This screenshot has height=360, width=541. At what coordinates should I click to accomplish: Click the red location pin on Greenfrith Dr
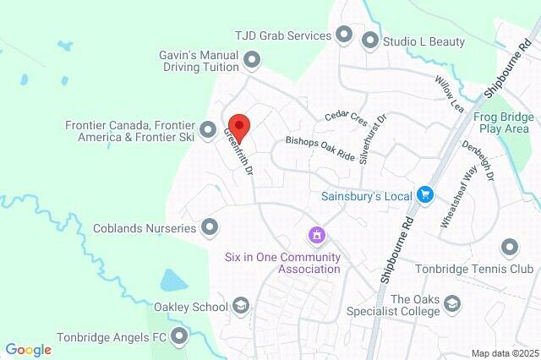coord(239,128)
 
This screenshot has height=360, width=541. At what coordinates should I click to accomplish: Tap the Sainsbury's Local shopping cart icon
coord(425,195)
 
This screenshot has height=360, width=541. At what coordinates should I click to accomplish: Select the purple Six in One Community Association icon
coord(316,234)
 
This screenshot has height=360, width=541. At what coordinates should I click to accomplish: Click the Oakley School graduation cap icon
coord(241,306)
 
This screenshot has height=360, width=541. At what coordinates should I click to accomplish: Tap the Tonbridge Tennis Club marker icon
coord(509,248)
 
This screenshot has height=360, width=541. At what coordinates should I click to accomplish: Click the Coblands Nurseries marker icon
coord(210,227)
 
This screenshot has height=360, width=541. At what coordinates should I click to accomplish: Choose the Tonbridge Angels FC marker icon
coord(179,337)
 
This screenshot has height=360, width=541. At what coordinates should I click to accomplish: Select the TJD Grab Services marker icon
coord(344,35)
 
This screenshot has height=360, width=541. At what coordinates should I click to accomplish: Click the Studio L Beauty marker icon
coord(369,40)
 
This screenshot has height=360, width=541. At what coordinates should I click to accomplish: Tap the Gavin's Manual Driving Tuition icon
coord(252,59)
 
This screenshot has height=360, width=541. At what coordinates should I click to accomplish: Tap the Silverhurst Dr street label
coord(371,139)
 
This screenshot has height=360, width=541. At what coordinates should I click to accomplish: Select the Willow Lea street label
coord(451,93)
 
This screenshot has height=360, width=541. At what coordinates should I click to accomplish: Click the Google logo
coord(28,349)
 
